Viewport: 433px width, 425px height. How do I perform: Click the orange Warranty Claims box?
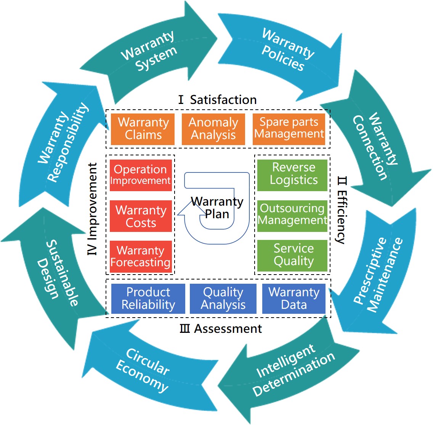[143, 129]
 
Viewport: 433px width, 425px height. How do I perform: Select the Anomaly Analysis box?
[213, 129]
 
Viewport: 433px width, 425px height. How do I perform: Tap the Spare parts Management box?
[289, 129]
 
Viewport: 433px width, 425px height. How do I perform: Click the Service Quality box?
[292, 255]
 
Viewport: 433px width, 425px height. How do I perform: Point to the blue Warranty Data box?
[293, 299]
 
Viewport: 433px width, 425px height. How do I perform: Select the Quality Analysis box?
[223, 299]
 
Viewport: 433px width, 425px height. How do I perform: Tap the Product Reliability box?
[148, 299]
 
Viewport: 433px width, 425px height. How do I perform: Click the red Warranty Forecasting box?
[141, 257]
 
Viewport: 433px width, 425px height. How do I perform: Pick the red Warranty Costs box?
[141, 216]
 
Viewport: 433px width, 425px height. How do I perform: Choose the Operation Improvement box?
[141, 175]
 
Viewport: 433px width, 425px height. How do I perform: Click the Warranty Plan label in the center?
[217, 208]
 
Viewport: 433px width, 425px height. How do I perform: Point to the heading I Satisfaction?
[218, 100]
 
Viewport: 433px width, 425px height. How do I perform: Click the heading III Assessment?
[221, 329]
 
